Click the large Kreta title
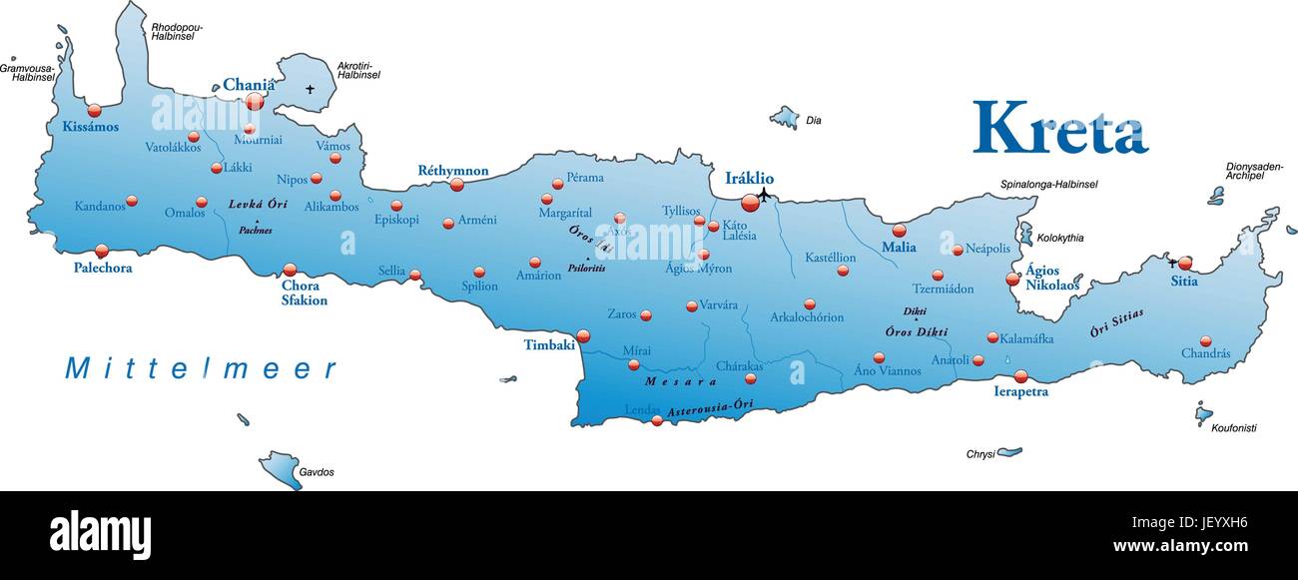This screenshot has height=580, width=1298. click(1059, 128)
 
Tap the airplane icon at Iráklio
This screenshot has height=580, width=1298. click(765, 194)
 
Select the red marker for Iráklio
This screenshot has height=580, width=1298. click(750, 204)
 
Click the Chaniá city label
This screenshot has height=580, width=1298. click(248, 85)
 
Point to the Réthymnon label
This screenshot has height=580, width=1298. click(452, 171)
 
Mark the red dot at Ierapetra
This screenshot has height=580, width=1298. click(1020, 376)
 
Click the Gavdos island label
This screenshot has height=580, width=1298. click(317, 471)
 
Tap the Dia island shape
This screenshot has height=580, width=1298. click(785, 118)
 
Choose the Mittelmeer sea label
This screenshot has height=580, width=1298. click(201, 368)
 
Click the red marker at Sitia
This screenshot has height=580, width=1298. click(1184, 264)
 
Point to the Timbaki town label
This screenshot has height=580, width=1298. click(549, 345)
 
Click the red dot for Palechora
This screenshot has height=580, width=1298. click(101, 251)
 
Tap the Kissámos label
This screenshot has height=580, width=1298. click(90, 127)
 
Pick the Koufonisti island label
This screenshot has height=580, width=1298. click(1233, 428)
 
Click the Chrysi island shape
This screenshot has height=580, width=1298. click(1009, 451)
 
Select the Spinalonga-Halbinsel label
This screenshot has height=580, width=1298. click(1048, 185)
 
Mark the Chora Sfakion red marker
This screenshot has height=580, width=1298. click(290, 270)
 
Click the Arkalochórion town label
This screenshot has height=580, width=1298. click(807, 317)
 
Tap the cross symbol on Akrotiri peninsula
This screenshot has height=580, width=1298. click(310, 90)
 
